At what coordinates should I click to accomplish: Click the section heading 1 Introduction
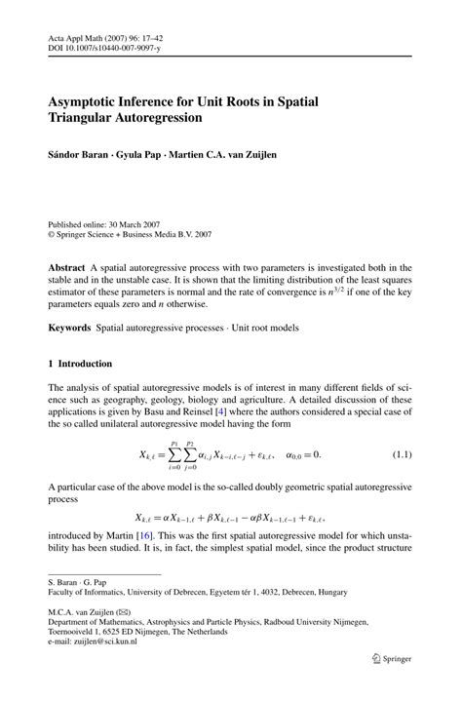click(80, 364)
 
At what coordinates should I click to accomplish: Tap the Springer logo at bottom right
click(388, 686)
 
